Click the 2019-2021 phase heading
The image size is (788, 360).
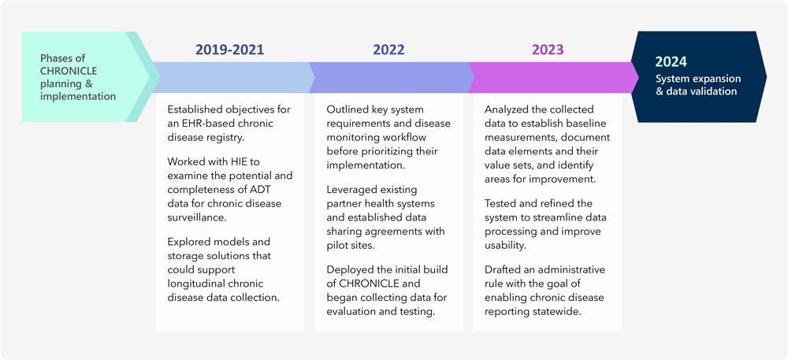click(x=229, y=50)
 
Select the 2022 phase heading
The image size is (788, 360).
click(x=388, y=50)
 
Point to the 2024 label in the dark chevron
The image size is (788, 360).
click(x=671, y=61)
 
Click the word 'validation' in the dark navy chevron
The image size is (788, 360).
click(x=710, y=91)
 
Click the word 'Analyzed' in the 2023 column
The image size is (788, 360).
click(x=509, y=109)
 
